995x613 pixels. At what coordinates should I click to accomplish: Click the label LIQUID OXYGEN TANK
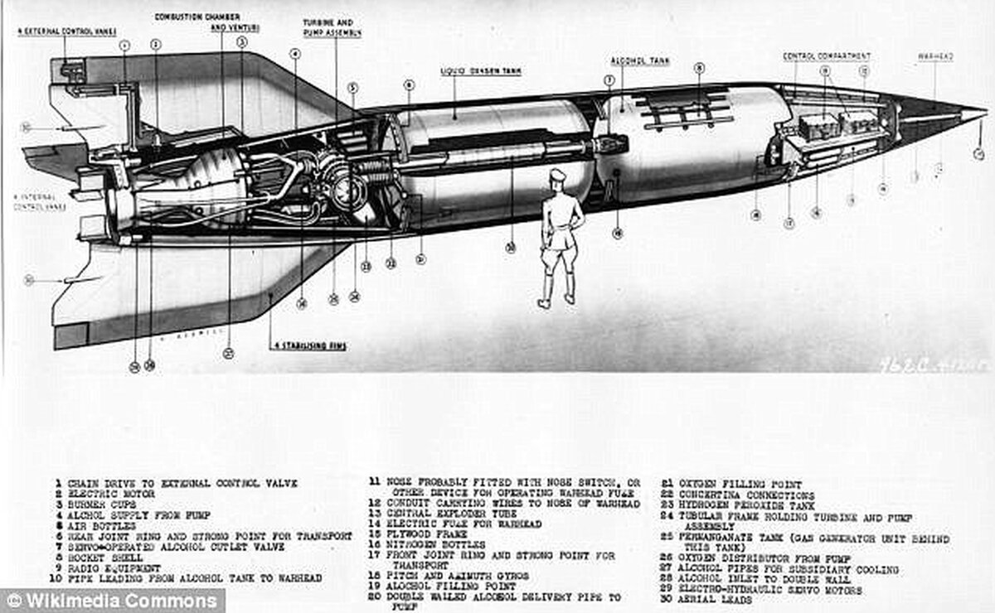tap(481, 72)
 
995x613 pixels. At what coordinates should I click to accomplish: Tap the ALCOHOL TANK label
tap(640, 61)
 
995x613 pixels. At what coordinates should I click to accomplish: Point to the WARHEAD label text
tap(934, 56)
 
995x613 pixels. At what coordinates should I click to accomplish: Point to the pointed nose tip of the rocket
tap(984, 110)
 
